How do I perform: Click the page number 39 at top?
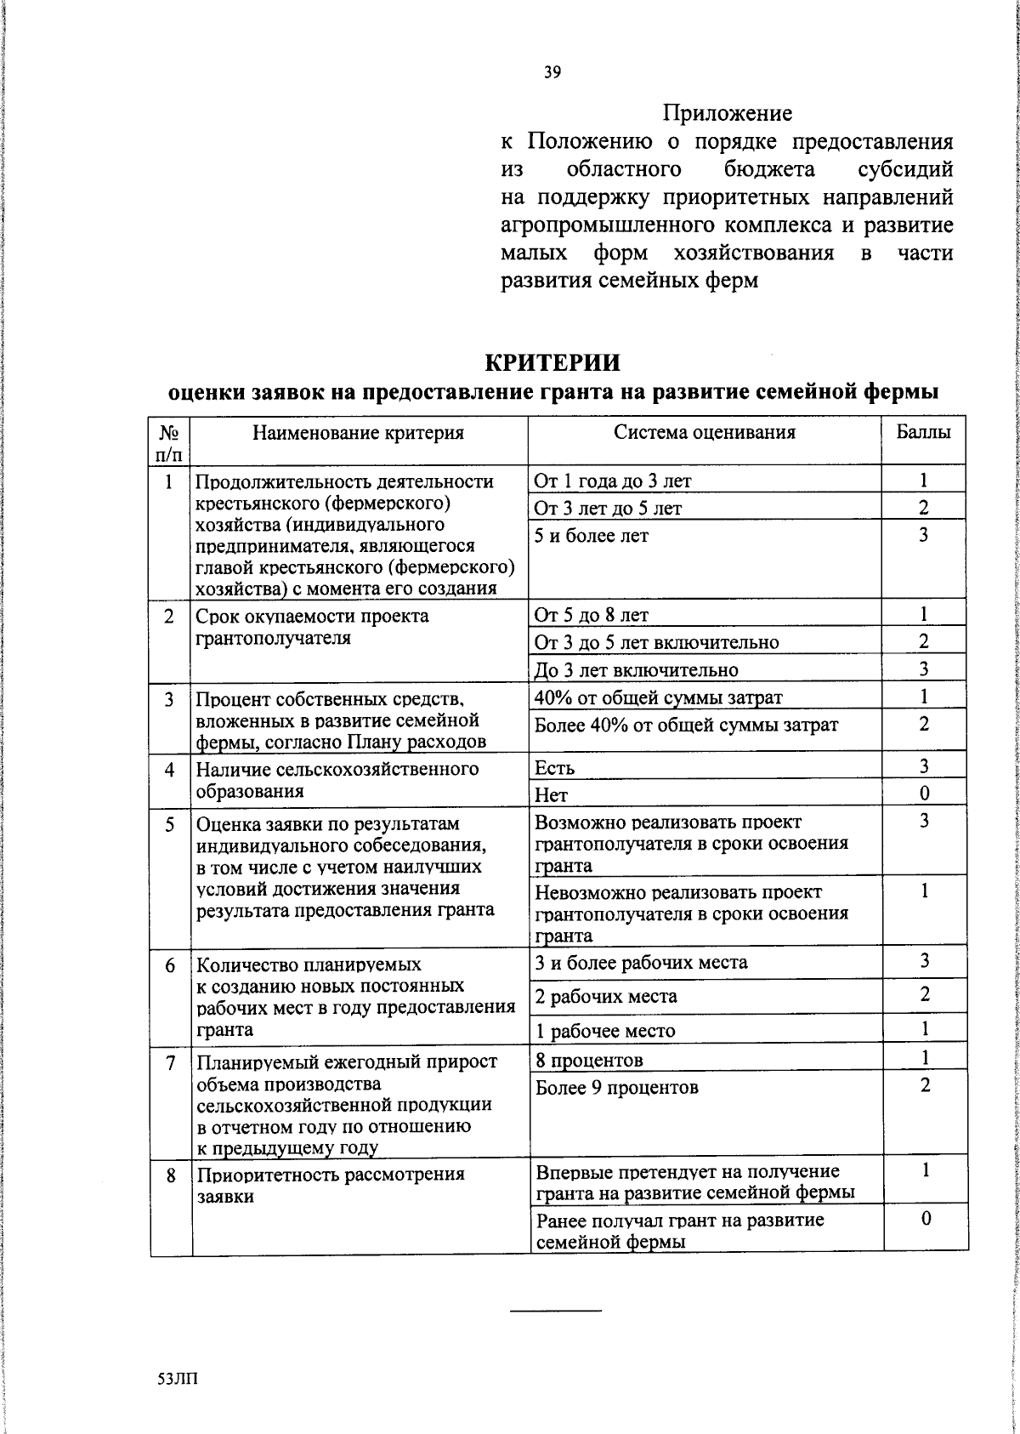point(552,73)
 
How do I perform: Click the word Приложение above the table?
point(727,113)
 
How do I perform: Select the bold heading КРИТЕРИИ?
point(552,362)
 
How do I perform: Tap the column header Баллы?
point(924,432)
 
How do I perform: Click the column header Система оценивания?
point(705,432)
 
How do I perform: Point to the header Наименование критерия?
point(358,433)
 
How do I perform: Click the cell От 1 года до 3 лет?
point(613,481)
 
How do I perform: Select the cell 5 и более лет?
point(592,536)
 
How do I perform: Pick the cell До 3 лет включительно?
point(636,670)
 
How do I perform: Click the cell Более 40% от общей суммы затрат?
point(686,725)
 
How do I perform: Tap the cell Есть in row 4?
point(555,768)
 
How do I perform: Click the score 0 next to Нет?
point(924,794)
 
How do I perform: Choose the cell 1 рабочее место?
point(605,1031)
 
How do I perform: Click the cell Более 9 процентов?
point(617,1087)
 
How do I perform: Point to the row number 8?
point(171,1175)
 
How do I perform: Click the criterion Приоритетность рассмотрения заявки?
point(331,1185)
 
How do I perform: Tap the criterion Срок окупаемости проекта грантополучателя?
point(312,627)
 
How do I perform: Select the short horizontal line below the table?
point(555,1310)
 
